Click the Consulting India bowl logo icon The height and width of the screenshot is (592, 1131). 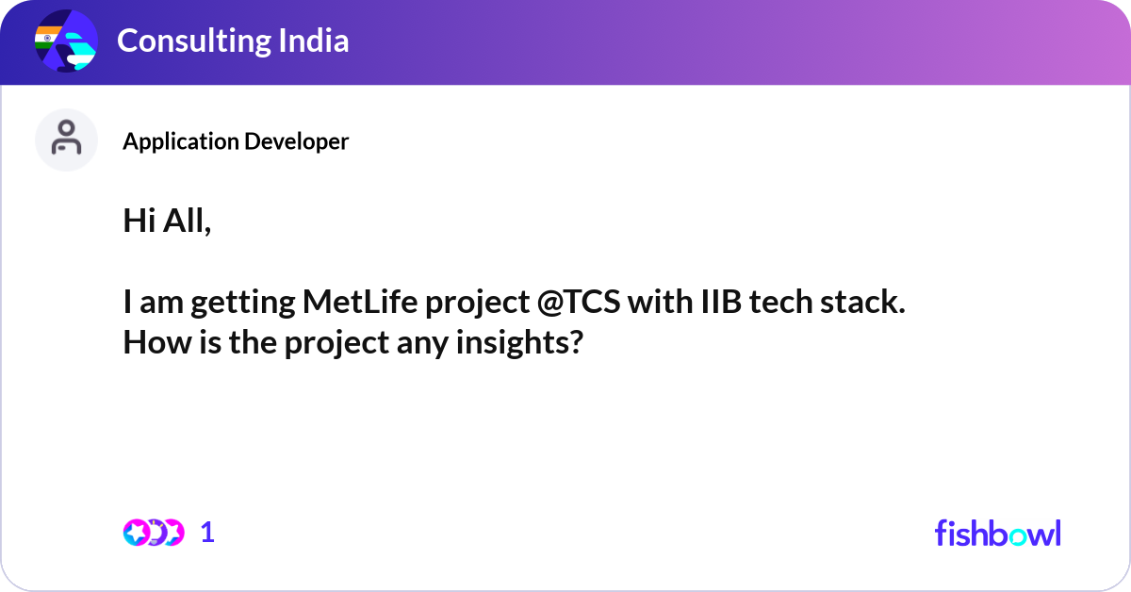66,41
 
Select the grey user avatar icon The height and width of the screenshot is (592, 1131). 66,140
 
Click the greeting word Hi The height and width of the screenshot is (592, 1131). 139,221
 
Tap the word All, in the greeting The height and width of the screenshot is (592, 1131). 187,222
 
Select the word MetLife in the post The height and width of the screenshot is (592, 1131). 360,302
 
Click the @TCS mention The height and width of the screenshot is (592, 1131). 579,302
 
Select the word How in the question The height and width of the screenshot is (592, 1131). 157,342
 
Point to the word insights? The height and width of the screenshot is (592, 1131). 519,343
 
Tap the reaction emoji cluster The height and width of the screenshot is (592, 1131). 154,533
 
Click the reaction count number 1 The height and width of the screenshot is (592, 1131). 207,533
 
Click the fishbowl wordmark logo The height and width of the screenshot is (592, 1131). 998,533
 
